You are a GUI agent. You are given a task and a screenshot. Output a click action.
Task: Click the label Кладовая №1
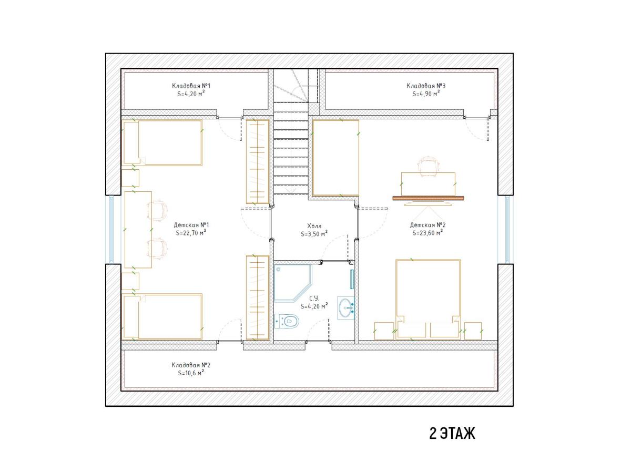coord(191,86)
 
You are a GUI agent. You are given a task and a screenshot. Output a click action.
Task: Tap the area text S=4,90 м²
coord(426,94)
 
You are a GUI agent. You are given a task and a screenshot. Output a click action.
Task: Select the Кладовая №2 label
coord(191,365)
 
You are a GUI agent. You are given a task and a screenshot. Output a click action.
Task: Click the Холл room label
coord(314,226)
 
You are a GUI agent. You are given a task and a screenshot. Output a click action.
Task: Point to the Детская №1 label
coord(191,225)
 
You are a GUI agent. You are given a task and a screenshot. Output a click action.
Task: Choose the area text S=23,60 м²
coord(428,233)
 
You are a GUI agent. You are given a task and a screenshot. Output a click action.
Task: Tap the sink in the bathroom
coord(345,308)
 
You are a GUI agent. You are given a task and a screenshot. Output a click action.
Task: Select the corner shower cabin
coord(293,283)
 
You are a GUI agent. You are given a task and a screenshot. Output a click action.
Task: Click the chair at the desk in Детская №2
coord(429,164)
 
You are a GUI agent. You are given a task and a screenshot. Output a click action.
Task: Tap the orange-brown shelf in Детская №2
coord(428,198)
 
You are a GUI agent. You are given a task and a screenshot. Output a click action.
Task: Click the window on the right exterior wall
coord(507,230)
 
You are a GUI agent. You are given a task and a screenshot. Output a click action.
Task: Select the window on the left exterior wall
coord(111,229)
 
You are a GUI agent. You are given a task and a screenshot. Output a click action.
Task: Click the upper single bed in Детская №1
coord(162,143)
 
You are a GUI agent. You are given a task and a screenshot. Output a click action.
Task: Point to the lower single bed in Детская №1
coord(162,316)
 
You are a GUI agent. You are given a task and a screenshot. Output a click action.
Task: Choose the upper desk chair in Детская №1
coord(157,210)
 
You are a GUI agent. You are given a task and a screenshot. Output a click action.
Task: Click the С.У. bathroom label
coord(314,299)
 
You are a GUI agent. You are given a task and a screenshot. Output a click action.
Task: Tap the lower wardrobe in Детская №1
coord(258,298)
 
